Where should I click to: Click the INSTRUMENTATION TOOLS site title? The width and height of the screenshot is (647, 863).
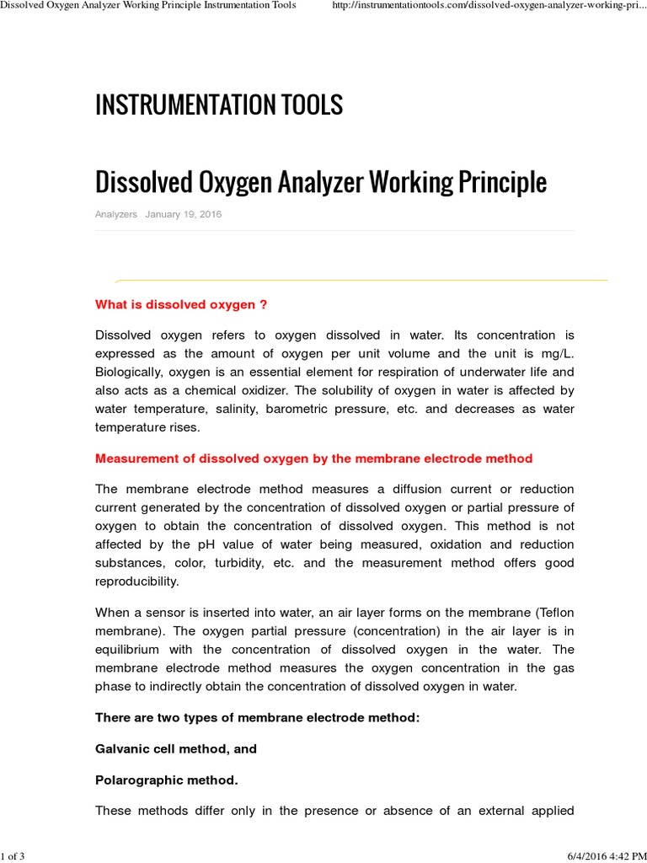point(219,105)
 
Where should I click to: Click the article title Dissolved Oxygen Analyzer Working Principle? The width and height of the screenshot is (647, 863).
point(321,181)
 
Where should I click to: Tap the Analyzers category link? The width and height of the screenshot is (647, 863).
point(116,215)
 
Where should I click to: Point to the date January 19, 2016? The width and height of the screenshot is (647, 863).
point(184,215)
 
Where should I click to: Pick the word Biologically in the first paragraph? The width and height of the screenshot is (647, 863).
point(128,372)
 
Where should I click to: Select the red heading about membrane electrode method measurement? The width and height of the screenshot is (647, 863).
point(313,458)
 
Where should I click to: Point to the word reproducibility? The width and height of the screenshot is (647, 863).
point(136,582)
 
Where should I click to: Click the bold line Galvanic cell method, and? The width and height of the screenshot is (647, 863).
point(176,748)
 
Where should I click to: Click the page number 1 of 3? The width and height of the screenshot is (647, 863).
point(13,856)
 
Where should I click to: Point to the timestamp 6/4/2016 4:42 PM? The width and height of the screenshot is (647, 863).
point(600,856)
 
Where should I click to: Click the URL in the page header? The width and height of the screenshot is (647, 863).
point(484,7)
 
